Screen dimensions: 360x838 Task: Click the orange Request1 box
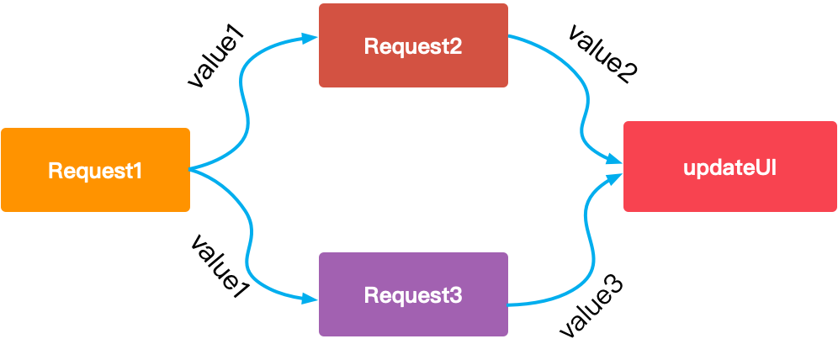pyautogui.click(x=95, y=169)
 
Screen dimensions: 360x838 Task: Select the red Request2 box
pyautogui.click(x=413, y=45)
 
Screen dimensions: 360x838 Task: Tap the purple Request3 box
pyautogui.click(x=413, y=294)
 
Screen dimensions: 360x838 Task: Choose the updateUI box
pyautogui.click(x=729, y=166)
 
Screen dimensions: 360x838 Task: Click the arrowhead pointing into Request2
pyautogui.click(x=310, y=38)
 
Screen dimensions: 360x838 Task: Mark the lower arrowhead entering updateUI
pyautogui.click(x=615, y=176)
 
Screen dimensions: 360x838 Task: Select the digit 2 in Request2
pyautogui.click(x=455, y=46)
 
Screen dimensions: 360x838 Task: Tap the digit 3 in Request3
pyautogui.click(x=455, y=295)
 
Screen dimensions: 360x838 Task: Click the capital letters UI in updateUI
pyautogui.click(x=765, y=167)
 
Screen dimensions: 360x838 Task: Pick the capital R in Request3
pyautogui.click(x=371, y=295)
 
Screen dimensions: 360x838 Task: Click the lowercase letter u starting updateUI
pyautogui.click(x=689, y=167)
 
